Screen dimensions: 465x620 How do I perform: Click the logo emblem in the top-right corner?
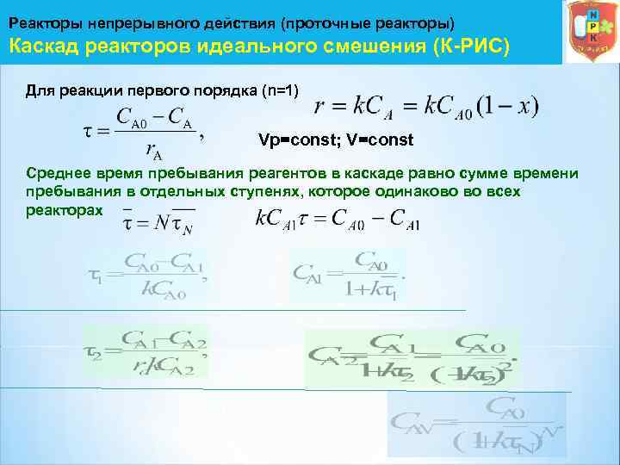[x=589, y=32]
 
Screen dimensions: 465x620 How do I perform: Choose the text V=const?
[x=375, y=139]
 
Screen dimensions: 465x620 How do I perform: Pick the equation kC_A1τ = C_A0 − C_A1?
[x=338, y=220]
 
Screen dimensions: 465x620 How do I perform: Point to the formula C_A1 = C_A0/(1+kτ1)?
[x=349, y=275]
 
